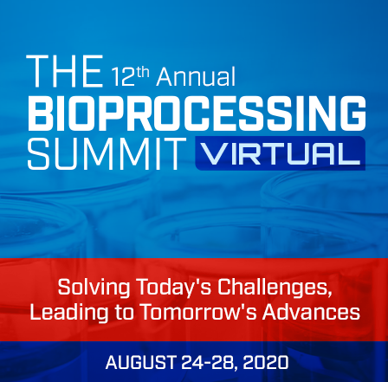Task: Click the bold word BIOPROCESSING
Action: click(194, 113)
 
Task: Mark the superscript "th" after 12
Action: click(144, 68)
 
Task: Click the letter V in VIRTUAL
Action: click(211, 154)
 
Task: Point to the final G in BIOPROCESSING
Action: click(348, 113)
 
